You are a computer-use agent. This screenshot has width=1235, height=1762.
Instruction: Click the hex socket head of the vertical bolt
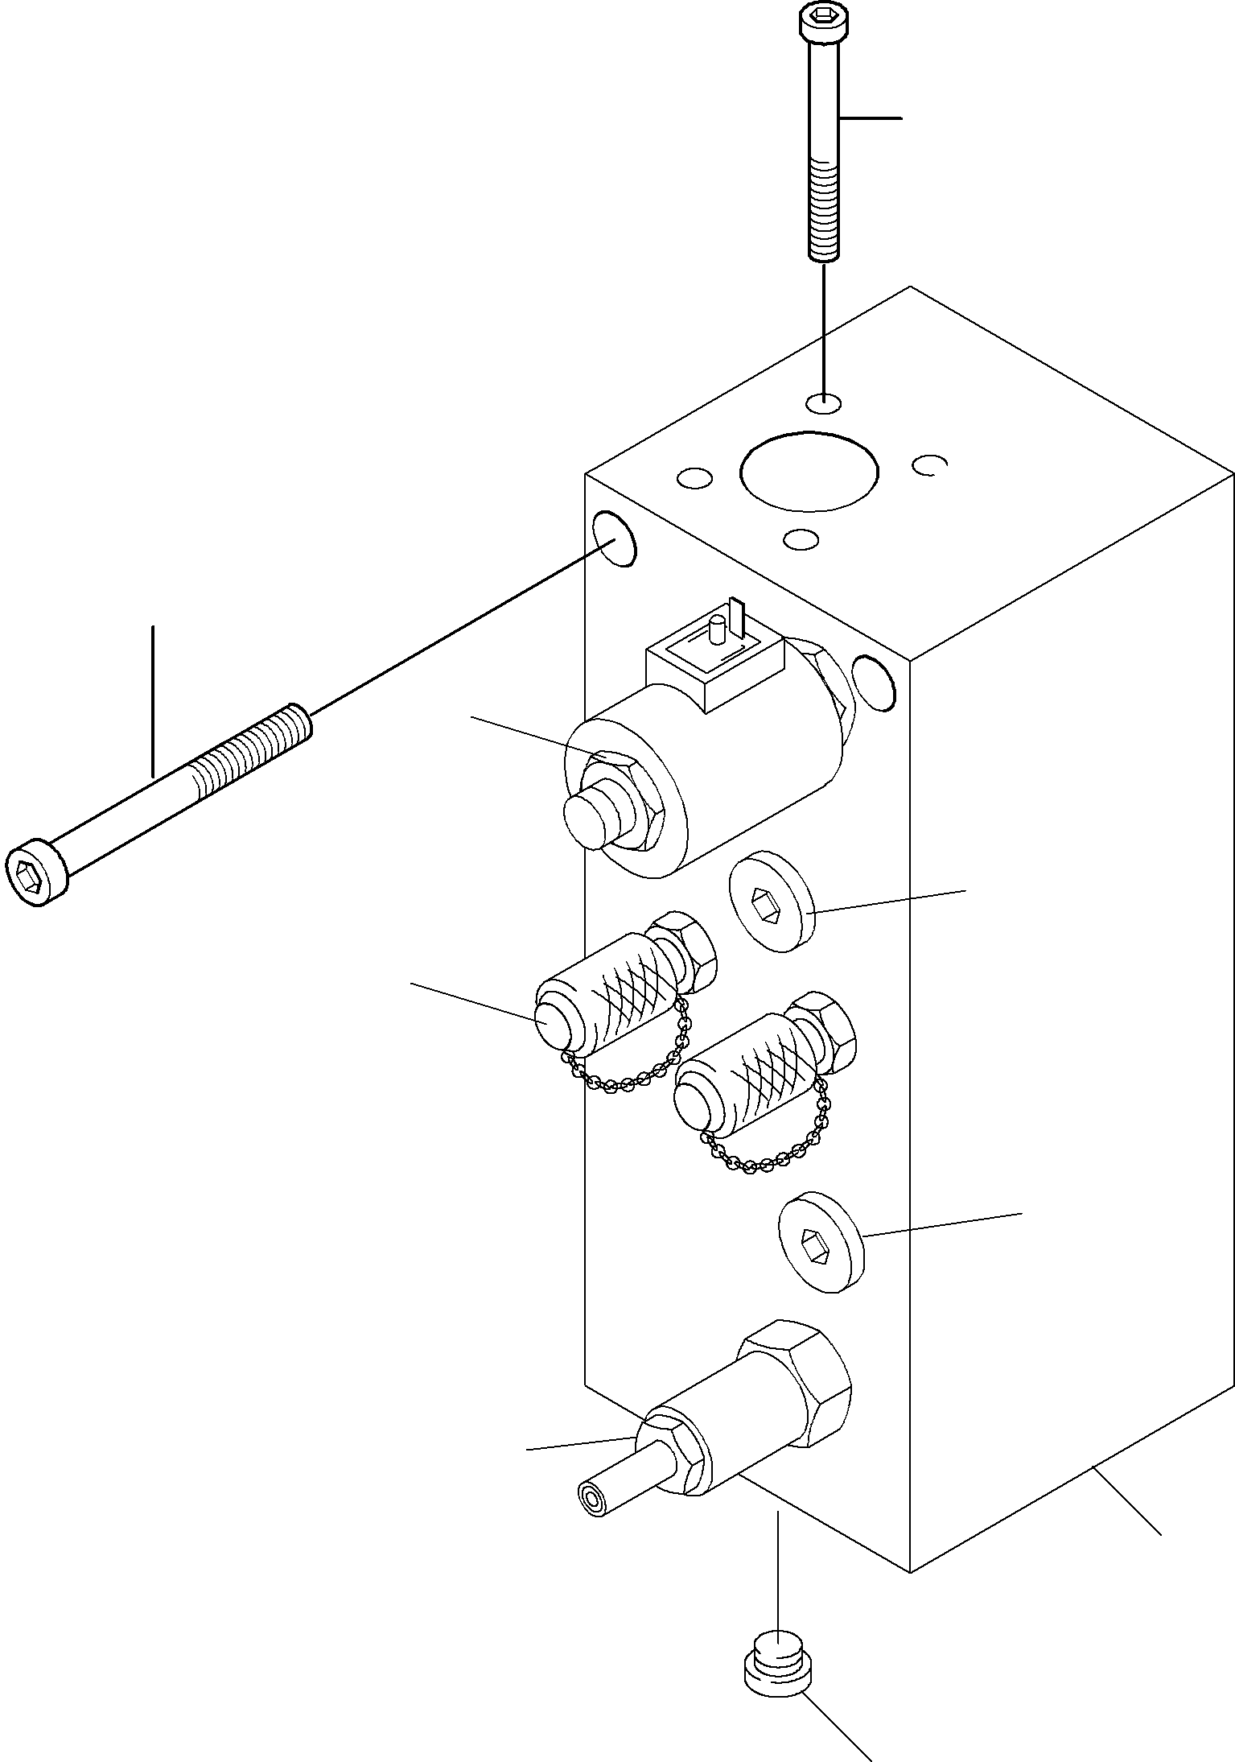821,21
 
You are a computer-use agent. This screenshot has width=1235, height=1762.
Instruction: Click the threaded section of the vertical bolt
822,209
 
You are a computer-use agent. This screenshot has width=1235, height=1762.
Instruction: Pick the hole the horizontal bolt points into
614,539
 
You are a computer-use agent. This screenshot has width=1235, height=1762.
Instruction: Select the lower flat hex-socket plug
821,1246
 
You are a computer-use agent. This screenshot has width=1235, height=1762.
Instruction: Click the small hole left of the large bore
694,479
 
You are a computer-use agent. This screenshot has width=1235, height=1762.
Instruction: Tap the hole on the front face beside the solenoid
874,683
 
